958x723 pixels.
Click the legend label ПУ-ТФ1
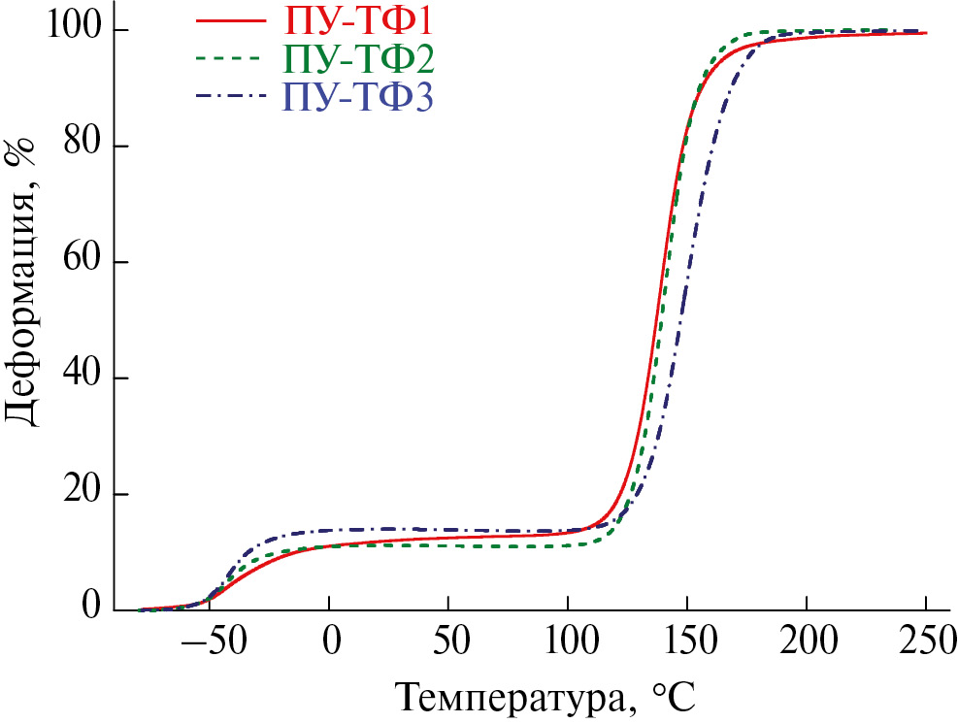click(357, 19)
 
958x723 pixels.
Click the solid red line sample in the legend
click(229, 19)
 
